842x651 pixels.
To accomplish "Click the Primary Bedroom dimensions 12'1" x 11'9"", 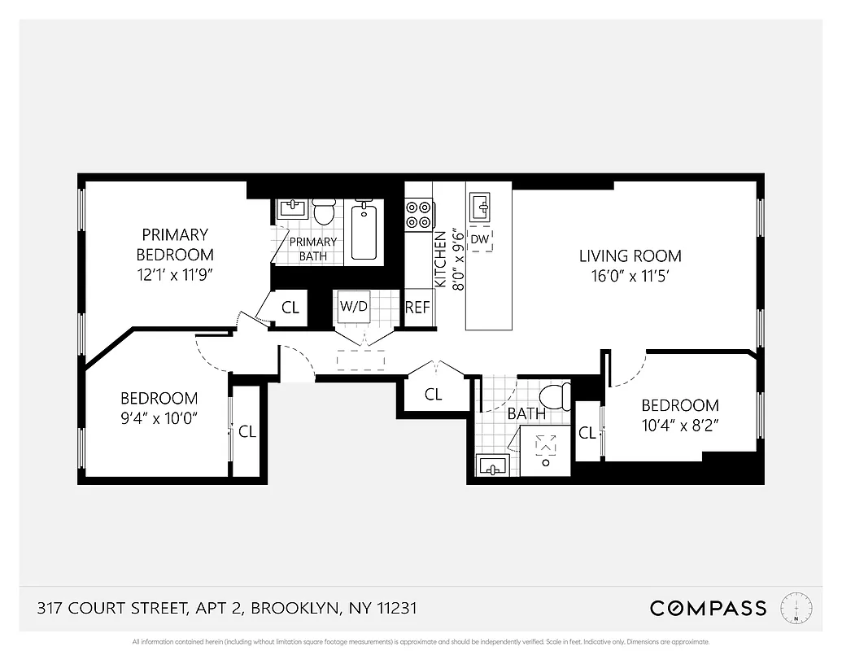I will point(175,274).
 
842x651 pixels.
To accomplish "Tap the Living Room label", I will point(630,256).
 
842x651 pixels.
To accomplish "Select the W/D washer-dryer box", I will point(354,308).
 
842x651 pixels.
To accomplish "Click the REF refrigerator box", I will point(417,308).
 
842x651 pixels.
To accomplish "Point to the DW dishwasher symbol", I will point(480,239).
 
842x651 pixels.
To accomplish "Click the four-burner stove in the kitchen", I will point(418,214).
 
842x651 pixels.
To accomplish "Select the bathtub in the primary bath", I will point(364,230).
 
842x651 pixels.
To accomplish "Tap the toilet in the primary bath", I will point(324,212).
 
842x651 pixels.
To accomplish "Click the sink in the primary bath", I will point(290,208).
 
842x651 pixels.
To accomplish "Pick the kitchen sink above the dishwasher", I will point(481,207).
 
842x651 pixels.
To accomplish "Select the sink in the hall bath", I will point(491,466).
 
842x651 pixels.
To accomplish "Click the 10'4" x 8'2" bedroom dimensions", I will point(680,424).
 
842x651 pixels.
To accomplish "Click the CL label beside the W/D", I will point(290,308).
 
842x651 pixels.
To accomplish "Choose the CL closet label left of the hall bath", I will point(434,395).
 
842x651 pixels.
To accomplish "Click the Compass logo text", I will point(708,608).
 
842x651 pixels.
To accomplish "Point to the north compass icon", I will point(796,608).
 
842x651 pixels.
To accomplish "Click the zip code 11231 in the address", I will point(396,608).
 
